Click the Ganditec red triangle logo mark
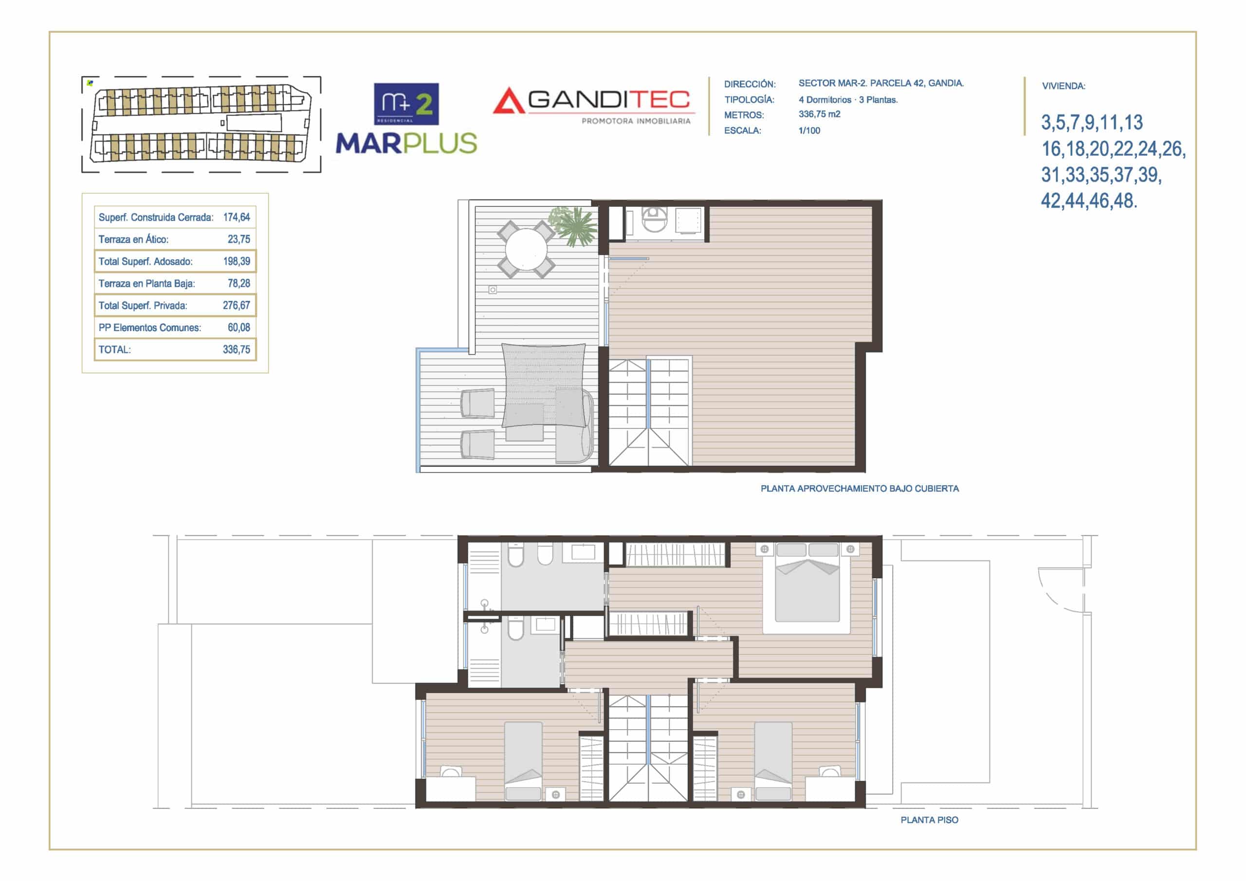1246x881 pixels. click(x=509, y=102)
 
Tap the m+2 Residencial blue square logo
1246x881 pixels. click(x=406, y=104)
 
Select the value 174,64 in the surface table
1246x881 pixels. click(x=237, y=217)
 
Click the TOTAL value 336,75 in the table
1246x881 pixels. click(x=237, y=349)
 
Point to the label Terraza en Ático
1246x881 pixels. click(x=133, y=239)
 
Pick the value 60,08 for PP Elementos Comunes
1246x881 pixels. click(x=239, y=327)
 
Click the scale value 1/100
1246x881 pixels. click(x=809, y=130)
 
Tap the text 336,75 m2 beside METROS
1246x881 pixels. click(x=820, y=114)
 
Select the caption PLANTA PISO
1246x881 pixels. click(x=929, y=820)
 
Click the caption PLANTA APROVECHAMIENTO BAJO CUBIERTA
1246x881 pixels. click(x=860, y=489)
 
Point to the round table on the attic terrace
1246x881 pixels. click(x=526, y=249)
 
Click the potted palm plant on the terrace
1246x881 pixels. click(x=572, y=225)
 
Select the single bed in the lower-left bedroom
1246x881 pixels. click(x=524, y=761)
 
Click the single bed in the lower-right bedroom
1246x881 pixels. click(x=773, y=761)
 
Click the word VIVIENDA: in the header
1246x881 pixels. click(x=1063, y=86)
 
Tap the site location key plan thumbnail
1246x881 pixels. click(x=202, y=124)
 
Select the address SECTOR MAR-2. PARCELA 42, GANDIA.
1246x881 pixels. click(x=881, y=83)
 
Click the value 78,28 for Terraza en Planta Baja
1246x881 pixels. click(x=239, y=283)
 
